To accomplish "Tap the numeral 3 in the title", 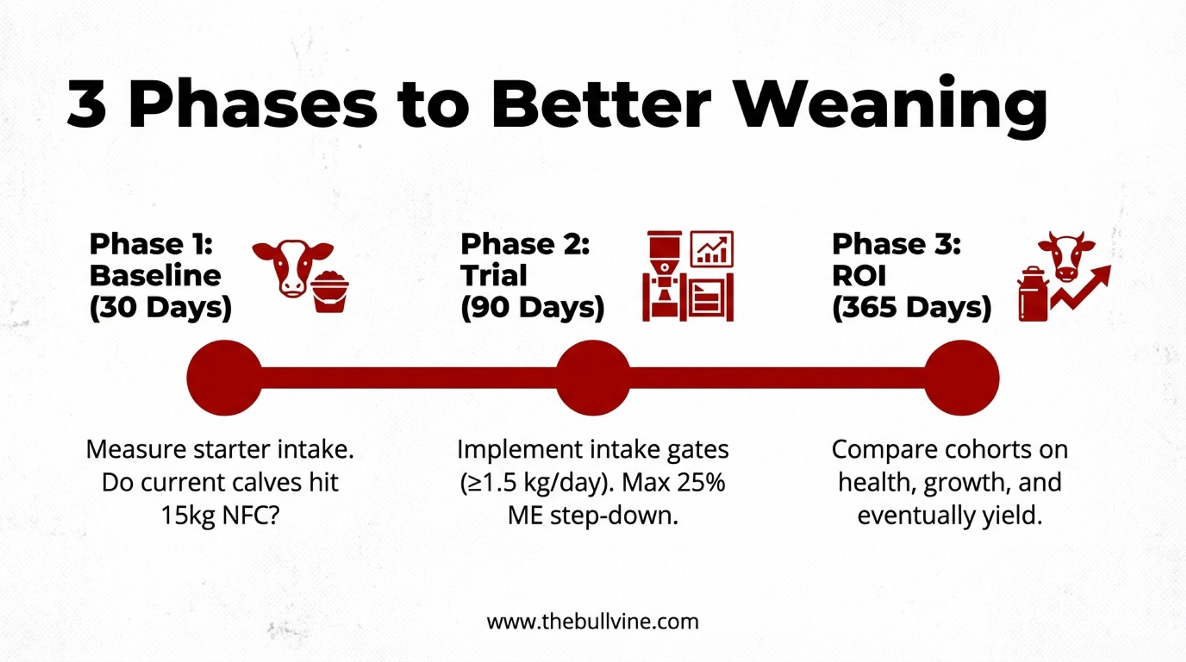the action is (x=87, y=105).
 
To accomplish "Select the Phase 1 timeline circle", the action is (x=224, y=378).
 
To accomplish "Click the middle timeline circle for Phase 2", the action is (x=593, y=378).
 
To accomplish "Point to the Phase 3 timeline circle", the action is (x=961, y=378).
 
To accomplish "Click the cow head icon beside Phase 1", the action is (x=292, y=268).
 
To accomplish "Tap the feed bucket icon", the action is (x=330, y=291).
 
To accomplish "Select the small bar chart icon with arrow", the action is (x=712, y=249).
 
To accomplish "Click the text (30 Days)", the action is (x=160, y=307).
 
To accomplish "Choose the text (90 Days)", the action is (x=533, y=307).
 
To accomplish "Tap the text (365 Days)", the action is (x=911, y=307).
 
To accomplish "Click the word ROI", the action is (x=859, y=275).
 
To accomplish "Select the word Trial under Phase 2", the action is (x=494, y=275).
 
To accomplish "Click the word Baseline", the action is (x=155, y=275).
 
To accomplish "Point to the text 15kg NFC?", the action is (x=220, y=515).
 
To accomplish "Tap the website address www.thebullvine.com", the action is (x=593, y=622).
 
